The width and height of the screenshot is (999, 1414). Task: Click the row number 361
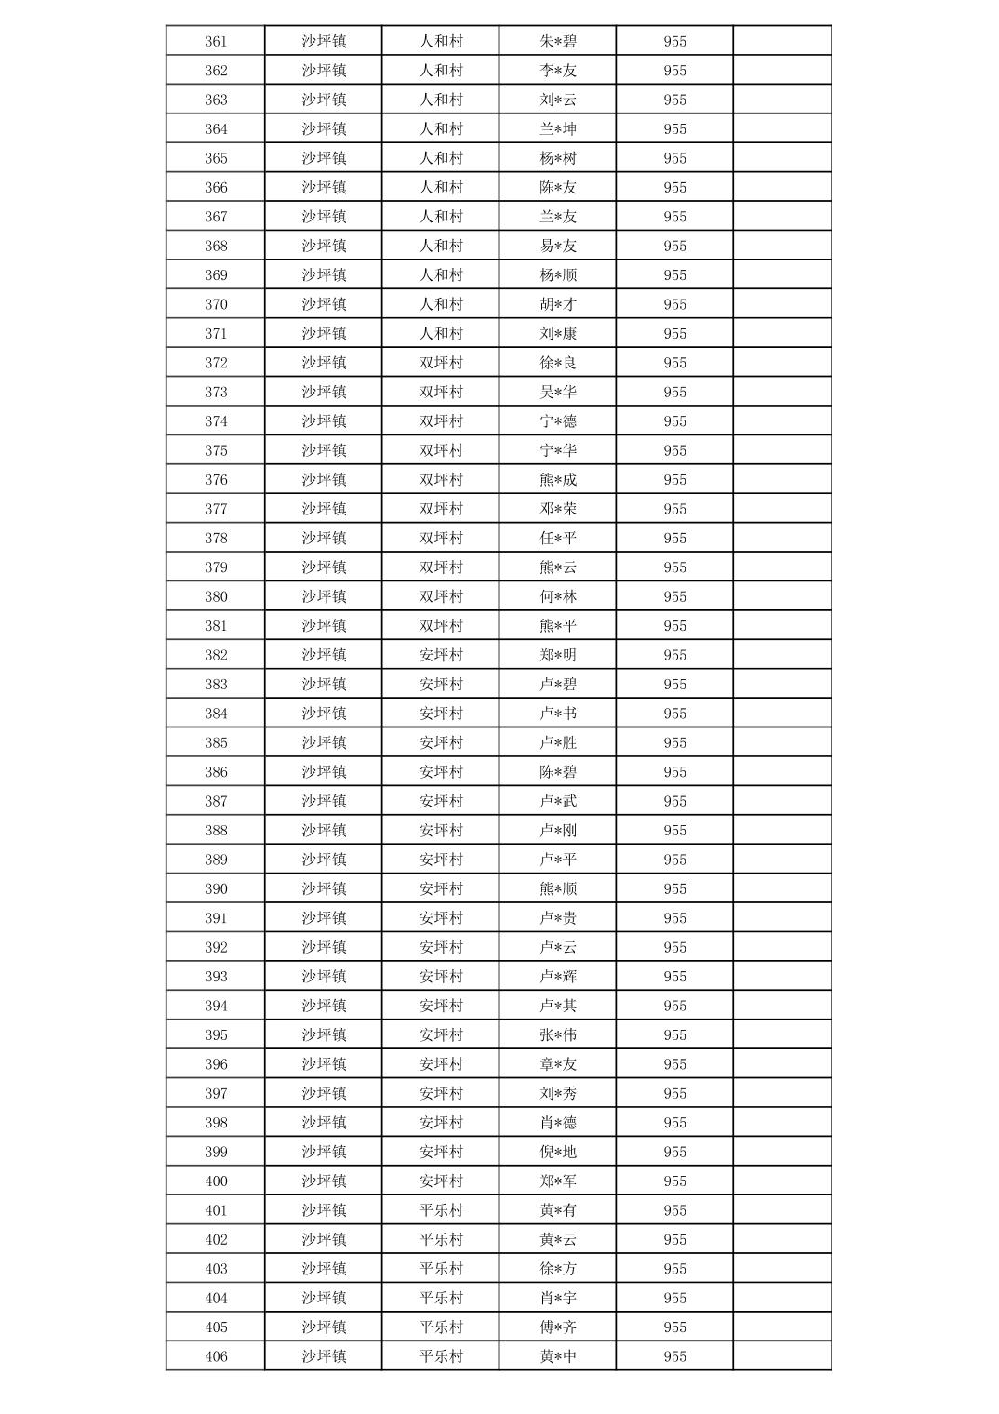(x=216, y=42)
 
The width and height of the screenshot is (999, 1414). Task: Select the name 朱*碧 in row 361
(x=558, y=42)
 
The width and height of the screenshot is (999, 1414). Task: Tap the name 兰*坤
(x=558, y=129)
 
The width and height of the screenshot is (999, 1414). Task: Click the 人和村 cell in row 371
(x=441, y=334)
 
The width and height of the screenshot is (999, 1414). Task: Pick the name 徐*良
(x=558, y=363)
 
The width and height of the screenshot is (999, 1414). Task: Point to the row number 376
(x=216, y=480)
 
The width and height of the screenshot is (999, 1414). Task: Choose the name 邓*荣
(x=558, y=509)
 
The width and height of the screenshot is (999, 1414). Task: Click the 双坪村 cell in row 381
(x=441, y=626)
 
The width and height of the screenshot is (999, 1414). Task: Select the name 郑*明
(x=558, y=655)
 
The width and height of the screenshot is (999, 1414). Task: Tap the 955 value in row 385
(x=675, y=743)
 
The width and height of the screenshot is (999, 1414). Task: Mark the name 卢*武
(x=558, y=801)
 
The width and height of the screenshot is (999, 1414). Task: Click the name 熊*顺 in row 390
(x=558, y=889)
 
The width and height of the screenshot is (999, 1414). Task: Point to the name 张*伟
(x=558, y=1035)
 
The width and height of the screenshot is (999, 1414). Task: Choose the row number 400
(x=216, y=1181)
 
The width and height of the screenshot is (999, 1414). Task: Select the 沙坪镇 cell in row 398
(x=324, y=1123)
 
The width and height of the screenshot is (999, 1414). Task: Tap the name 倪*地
(x=558, y=1152)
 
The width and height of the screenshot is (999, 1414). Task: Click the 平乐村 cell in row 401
(x=441, y=1210)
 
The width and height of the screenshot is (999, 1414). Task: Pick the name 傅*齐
(x=558, y=1327)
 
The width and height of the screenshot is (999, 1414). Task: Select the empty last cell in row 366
(x=782, y=188)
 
